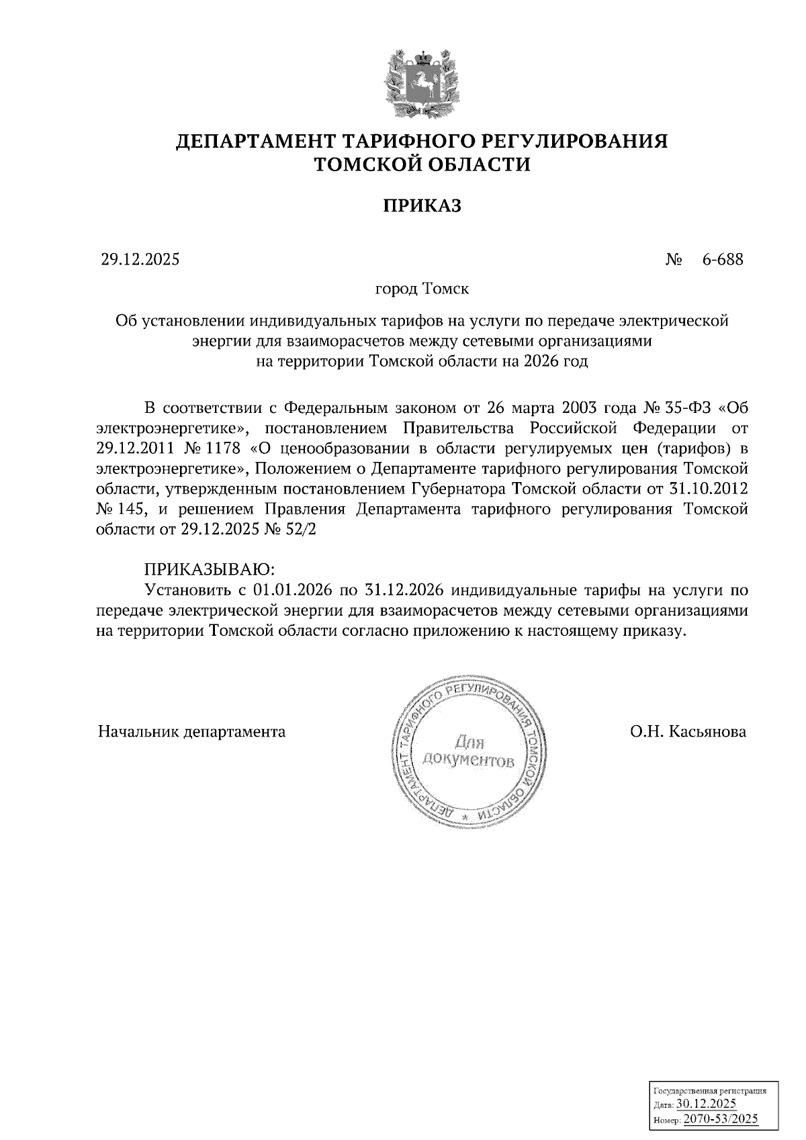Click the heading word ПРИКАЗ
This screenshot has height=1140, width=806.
point(422,205)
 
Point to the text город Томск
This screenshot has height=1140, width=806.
point(422,289)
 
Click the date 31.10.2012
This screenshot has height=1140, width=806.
point(709,488)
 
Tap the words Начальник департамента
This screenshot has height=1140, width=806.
point(192,731)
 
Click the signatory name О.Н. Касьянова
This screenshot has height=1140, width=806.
point(688,731)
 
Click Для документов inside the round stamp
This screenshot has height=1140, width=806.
point(469,753)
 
